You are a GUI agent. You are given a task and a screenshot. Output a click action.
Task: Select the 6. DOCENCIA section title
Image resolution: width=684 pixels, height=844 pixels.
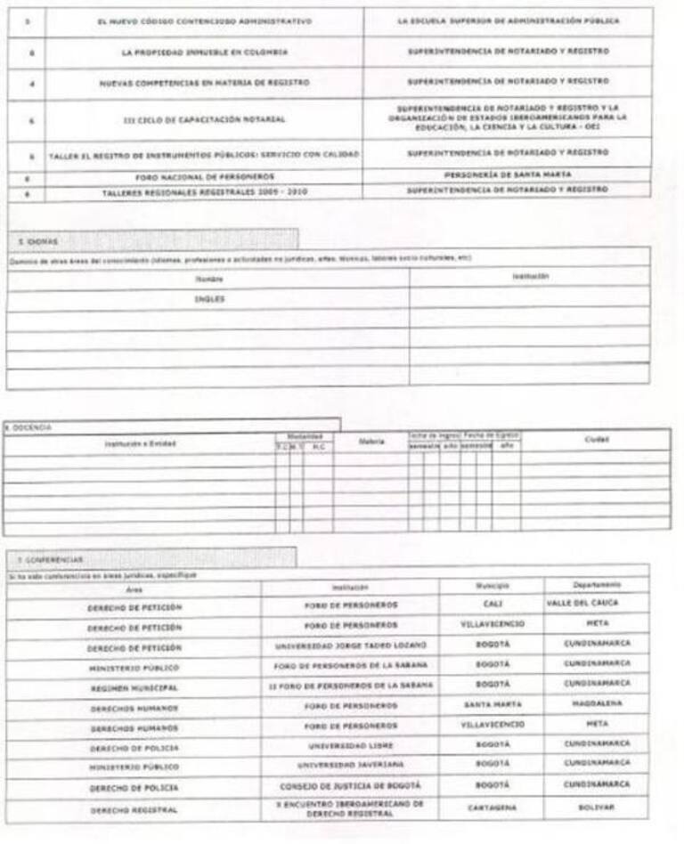pos(27,427)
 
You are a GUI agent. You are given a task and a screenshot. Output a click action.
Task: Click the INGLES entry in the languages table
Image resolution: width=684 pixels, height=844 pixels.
pos(208,299)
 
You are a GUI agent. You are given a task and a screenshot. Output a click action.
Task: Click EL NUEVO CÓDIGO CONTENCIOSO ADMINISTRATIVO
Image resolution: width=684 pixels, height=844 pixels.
pos(205,20)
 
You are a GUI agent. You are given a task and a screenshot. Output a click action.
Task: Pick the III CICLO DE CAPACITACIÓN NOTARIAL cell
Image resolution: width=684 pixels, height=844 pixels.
pos(205,118)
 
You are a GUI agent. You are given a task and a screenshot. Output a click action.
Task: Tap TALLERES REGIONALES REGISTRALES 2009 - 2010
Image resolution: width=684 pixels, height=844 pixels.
pos(205,191)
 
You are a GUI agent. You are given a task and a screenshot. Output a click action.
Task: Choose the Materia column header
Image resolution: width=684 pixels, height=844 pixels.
pos(370,441)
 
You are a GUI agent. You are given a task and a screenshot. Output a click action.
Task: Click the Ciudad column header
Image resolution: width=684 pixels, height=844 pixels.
pos(596,439)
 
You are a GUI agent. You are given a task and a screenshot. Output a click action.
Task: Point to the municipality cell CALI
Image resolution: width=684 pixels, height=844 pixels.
pos(492,605)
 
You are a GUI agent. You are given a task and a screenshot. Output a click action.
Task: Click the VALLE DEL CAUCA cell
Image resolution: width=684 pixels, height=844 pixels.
pos(596,604)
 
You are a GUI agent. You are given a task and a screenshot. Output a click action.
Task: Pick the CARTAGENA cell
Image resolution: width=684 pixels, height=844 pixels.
pos(492,807)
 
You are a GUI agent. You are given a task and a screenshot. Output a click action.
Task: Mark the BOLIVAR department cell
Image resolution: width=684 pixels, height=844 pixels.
pos(596,807)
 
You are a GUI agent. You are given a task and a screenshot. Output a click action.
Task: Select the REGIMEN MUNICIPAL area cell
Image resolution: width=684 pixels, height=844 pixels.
pos(134,688)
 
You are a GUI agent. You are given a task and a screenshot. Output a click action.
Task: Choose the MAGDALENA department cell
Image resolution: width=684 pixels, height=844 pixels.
pos(596,704)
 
